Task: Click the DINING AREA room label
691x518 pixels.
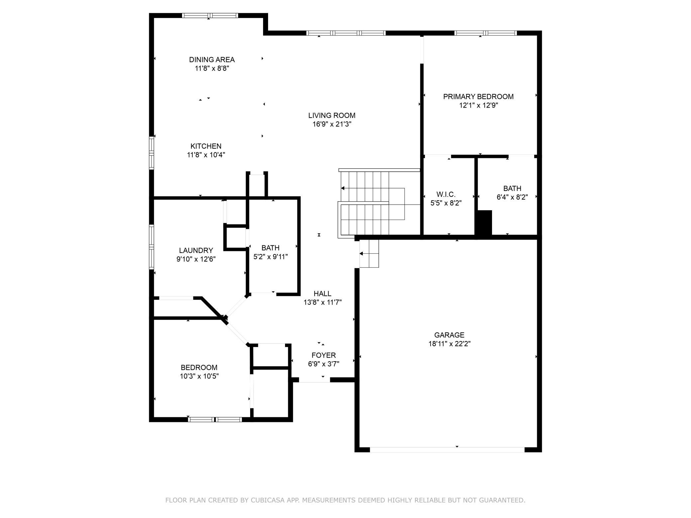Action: pyautogui.click(x=212, y=60)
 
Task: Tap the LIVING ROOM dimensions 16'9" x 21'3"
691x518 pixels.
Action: pyautogui.click(x=332, y=124)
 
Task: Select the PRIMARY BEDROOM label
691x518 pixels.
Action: pyautogui.click(x=478, y=97)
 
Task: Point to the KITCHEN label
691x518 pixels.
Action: pyautogui.click(x=206, y=146)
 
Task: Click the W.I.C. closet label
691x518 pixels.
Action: pyautogui.click(x=446, y=195)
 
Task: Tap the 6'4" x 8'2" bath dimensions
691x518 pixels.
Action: pyautogui.click(x=512, y=197)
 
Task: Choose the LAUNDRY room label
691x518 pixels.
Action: pyautogui.click(x=196, y=250)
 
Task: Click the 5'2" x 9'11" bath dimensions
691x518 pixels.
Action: pyautogui.click(x=271, y=257)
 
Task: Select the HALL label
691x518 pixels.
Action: pyautogui.click(x=323, y=294)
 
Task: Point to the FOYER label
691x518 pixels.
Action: pyautogui.click(x=324, y=355)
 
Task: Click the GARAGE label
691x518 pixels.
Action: pyautogui.click(x=449, y=335)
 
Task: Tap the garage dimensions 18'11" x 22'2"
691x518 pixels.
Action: pyautogui.click(x=449, y=344)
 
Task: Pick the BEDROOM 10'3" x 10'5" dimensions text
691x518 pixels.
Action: pyautogui.click(x=199, y=376)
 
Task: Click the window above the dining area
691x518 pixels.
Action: pyautogui.click(x=210, y=15)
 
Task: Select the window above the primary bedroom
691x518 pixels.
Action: pyautogui.click(x=486, y=33)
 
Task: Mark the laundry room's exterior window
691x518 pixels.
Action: pyautogui.click(x=151, y=247)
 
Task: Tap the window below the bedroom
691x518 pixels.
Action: pyautogui.click(x=215, y=419)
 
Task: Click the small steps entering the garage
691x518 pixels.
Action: pyautogui.click(x=369, y=254)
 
